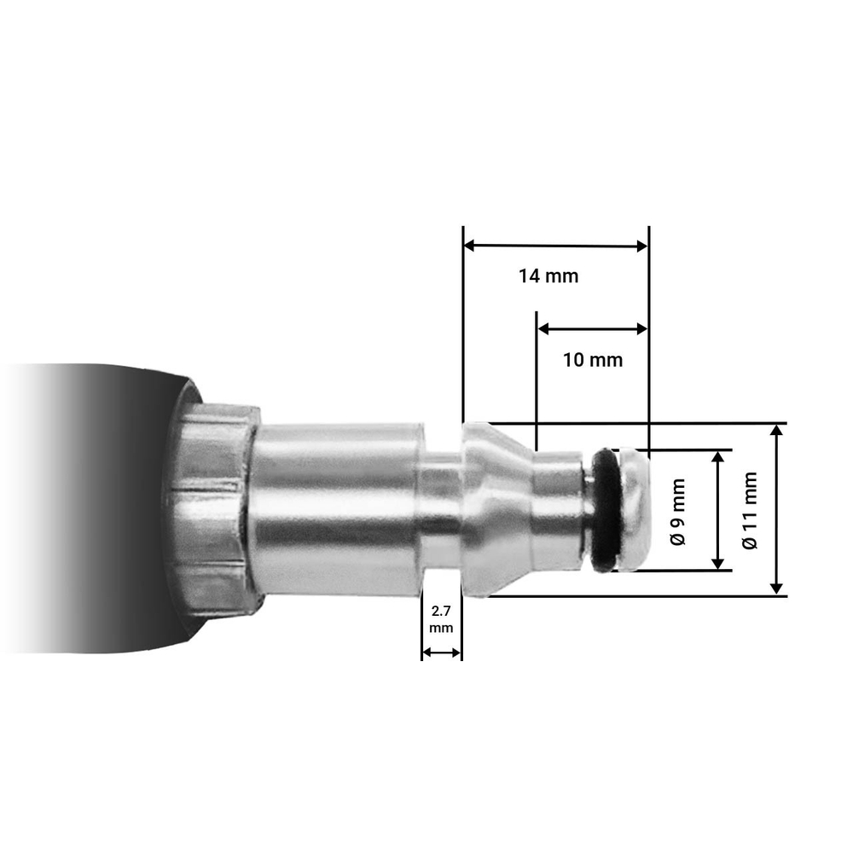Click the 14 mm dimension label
[x=548, y=276]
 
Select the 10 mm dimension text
[x=593, y=360]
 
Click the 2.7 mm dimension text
[x=441, y=619]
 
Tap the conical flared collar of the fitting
[x=493, y=510]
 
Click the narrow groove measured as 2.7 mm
[x=441, y=510]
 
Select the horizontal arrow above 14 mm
[x=555, y=247]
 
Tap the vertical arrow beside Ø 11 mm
[x=776, y=510]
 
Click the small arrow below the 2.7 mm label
[x=441, y=653]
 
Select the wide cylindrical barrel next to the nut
[x=337, y=510]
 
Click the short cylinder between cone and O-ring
[x=557, y=510]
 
